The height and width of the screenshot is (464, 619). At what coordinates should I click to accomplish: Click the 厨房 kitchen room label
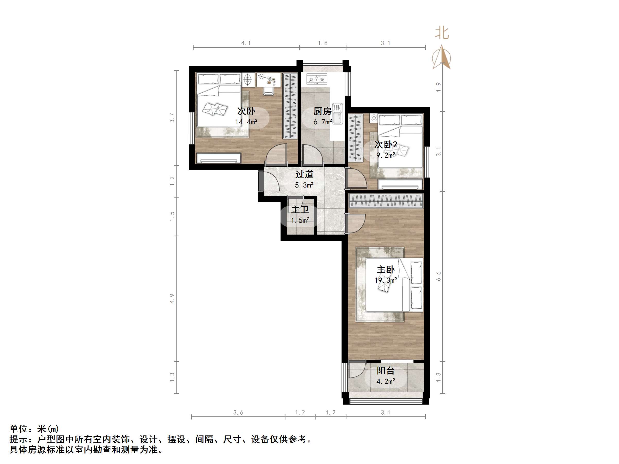click(x=322, y=111)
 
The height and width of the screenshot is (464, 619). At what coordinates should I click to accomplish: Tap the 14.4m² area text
click(x=246, y=122)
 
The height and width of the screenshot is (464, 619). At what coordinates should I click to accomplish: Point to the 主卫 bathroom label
click(x=300, y=209)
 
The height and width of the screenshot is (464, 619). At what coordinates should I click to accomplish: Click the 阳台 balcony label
click(x=385, y=371)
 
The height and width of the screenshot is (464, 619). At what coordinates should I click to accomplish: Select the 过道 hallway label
click(x=304, y=175)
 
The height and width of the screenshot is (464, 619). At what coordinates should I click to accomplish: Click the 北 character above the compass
click(x=442, y=33)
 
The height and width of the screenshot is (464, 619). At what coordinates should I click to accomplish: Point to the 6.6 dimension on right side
click(x=439, y=276)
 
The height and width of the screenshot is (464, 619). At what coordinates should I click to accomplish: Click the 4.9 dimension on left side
click(x=172, y=298)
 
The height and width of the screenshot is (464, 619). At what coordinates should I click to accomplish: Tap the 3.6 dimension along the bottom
click(x=238, y=412)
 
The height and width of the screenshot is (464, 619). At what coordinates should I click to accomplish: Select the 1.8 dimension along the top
click(x=322, y=43)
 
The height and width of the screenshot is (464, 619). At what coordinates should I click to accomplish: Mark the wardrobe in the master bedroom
click(x=386, y=201)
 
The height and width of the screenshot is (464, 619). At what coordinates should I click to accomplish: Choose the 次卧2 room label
click(x=386, y=145)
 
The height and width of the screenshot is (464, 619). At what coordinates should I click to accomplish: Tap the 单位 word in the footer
click(x=19, y=429)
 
